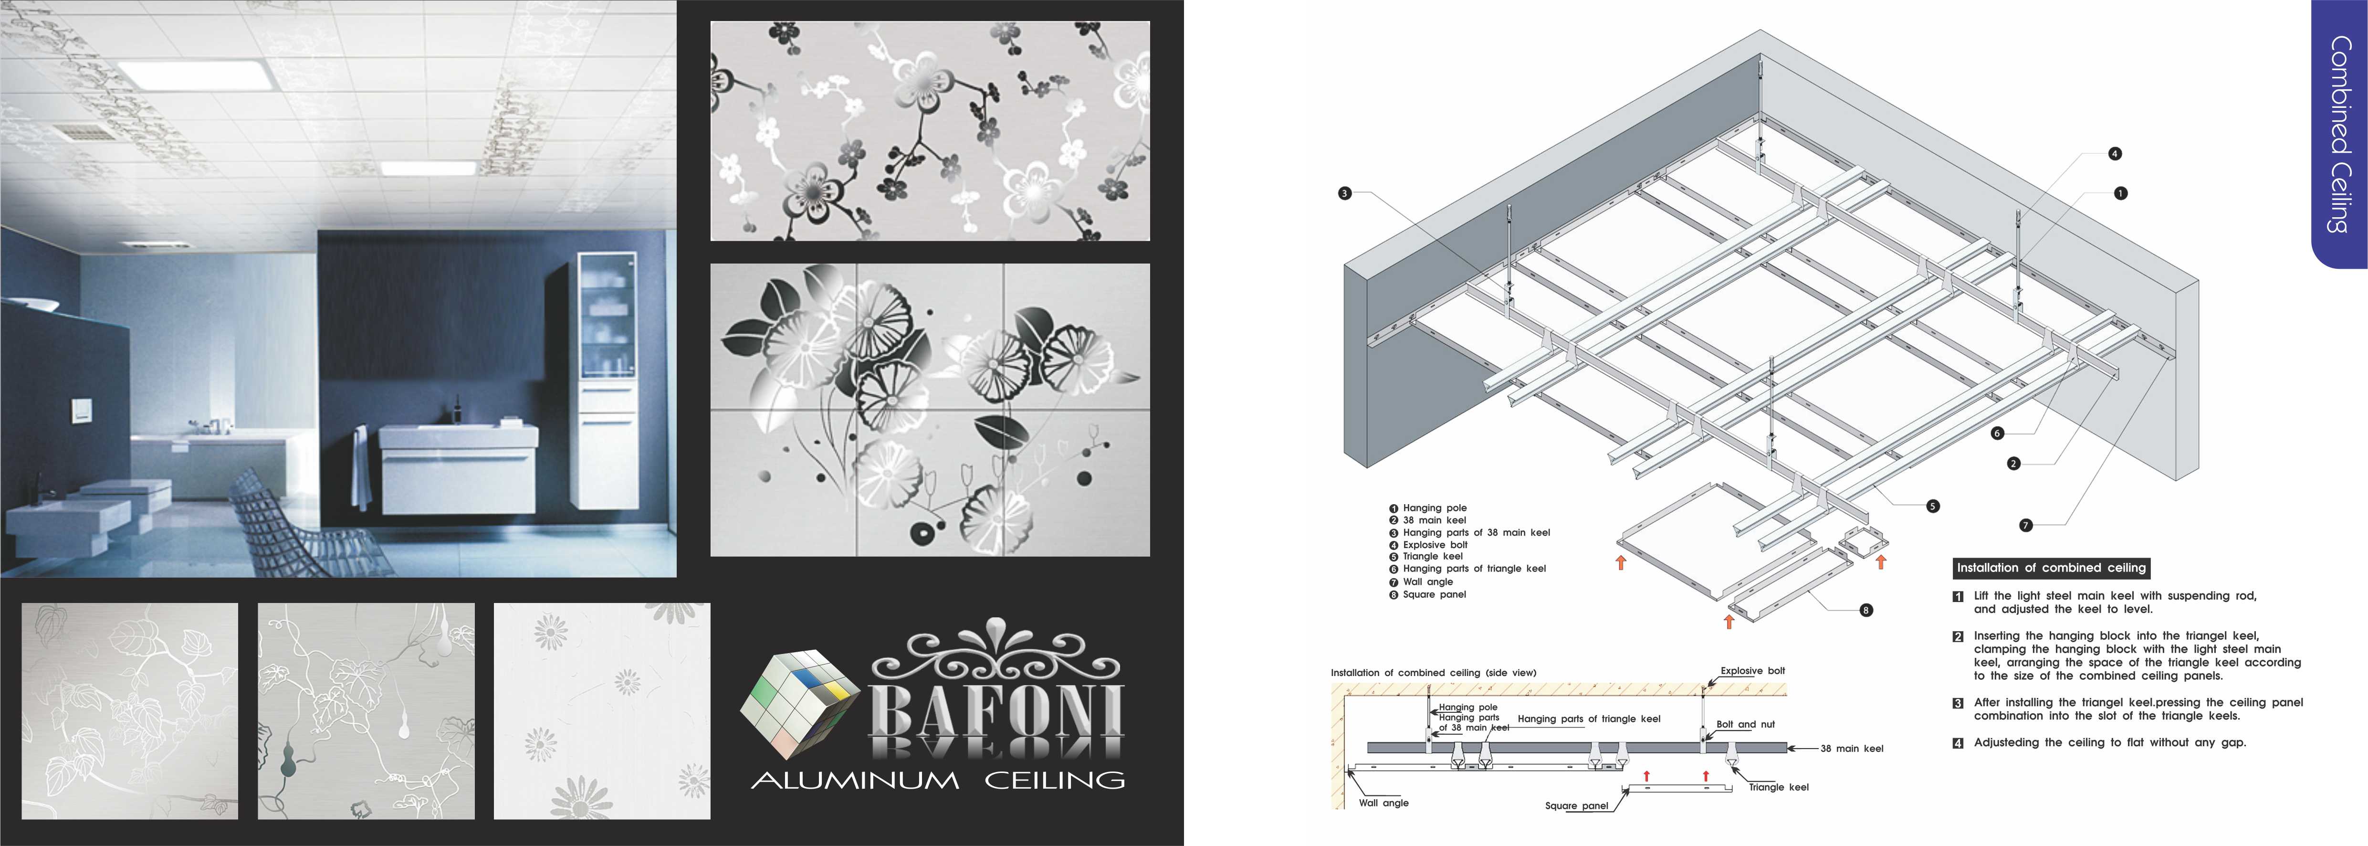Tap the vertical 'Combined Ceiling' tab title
2339,134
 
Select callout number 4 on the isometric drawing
2114,154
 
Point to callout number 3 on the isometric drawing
1345,193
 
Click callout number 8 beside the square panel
1865,610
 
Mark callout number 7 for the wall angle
2025,525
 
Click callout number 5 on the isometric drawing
1932,506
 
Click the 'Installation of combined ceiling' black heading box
2051,567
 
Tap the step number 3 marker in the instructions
1958,703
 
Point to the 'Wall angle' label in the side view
1383,803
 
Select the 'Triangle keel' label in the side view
1779,787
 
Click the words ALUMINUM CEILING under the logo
938,781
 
